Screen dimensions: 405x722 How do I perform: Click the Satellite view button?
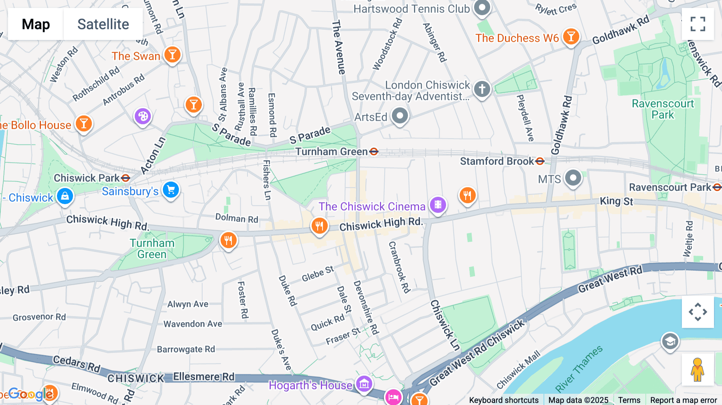103,24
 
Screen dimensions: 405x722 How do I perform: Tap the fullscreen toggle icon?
698,24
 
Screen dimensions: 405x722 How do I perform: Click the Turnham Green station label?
331,152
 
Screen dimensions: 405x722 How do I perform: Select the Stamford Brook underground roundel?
540,161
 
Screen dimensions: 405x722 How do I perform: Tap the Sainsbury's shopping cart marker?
171,190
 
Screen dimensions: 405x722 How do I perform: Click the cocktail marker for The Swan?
172,55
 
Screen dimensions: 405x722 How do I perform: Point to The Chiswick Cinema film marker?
438,205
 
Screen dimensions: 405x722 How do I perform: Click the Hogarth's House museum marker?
364,384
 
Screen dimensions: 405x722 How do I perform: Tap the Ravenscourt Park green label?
663,109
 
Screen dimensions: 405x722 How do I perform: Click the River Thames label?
579,369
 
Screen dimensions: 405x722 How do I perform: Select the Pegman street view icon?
698,370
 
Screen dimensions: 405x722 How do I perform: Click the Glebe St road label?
318,274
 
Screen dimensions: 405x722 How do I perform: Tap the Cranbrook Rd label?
399,267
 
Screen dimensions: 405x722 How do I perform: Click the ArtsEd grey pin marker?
400,116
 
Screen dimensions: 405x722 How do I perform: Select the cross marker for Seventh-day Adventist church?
482,89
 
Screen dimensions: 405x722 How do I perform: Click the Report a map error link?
683,400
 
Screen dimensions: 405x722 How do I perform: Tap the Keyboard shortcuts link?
504,400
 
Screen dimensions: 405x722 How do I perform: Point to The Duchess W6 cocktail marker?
571,36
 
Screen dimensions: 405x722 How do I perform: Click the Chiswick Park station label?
87,178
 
